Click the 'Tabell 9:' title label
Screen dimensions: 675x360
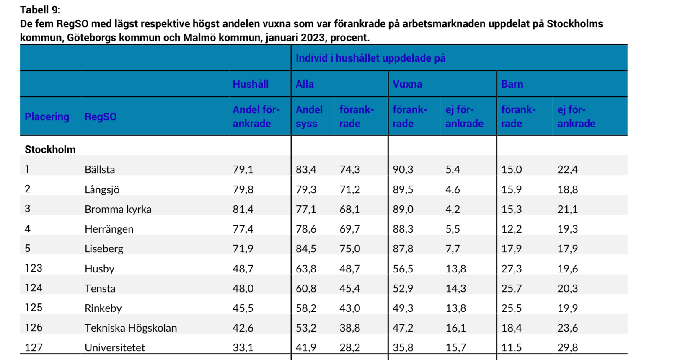(x=40, y=10)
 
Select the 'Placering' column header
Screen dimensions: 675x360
(x=47, y=117)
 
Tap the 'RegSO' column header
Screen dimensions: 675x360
(x=101, y=117)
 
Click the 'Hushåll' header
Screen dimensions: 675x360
(x=251, y=84)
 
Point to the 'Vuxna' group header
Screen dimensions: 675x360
(x=407, y=84)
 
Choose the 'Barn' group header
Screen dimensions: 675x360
(x=512, y=84)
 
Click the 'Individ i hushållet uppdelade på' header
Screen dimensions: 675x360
(x=370, y=58)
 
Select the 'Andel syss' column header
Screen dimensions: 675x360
(x=309, y=117)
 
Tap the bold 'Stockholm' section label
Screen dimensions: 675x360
(x=50, y=149)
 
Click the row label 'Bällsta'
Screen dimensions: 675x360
(x=100, y=169)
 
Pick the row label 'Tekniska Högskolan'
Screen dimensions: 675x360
(x=131, y=328)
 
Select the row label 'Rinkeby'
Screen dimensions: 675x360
(x=103, y=308)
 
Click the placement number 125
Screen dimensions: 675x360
(x=34, y=308)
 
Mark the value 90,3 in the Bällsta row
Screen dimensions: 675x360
(x=403, y=169)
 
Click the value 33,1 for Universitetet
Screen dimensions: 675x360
(x=243, y=348)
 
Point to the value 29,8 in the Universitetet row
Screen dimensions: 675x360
(x=568, y=348)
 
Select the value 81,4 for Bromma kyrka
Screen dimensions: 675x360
(x=243, y=209)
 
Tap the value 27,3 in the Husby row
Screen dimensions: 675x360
(x=511, y=269)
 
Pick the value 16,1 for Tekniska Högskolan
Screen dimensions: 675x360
(x=455, y=328)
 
